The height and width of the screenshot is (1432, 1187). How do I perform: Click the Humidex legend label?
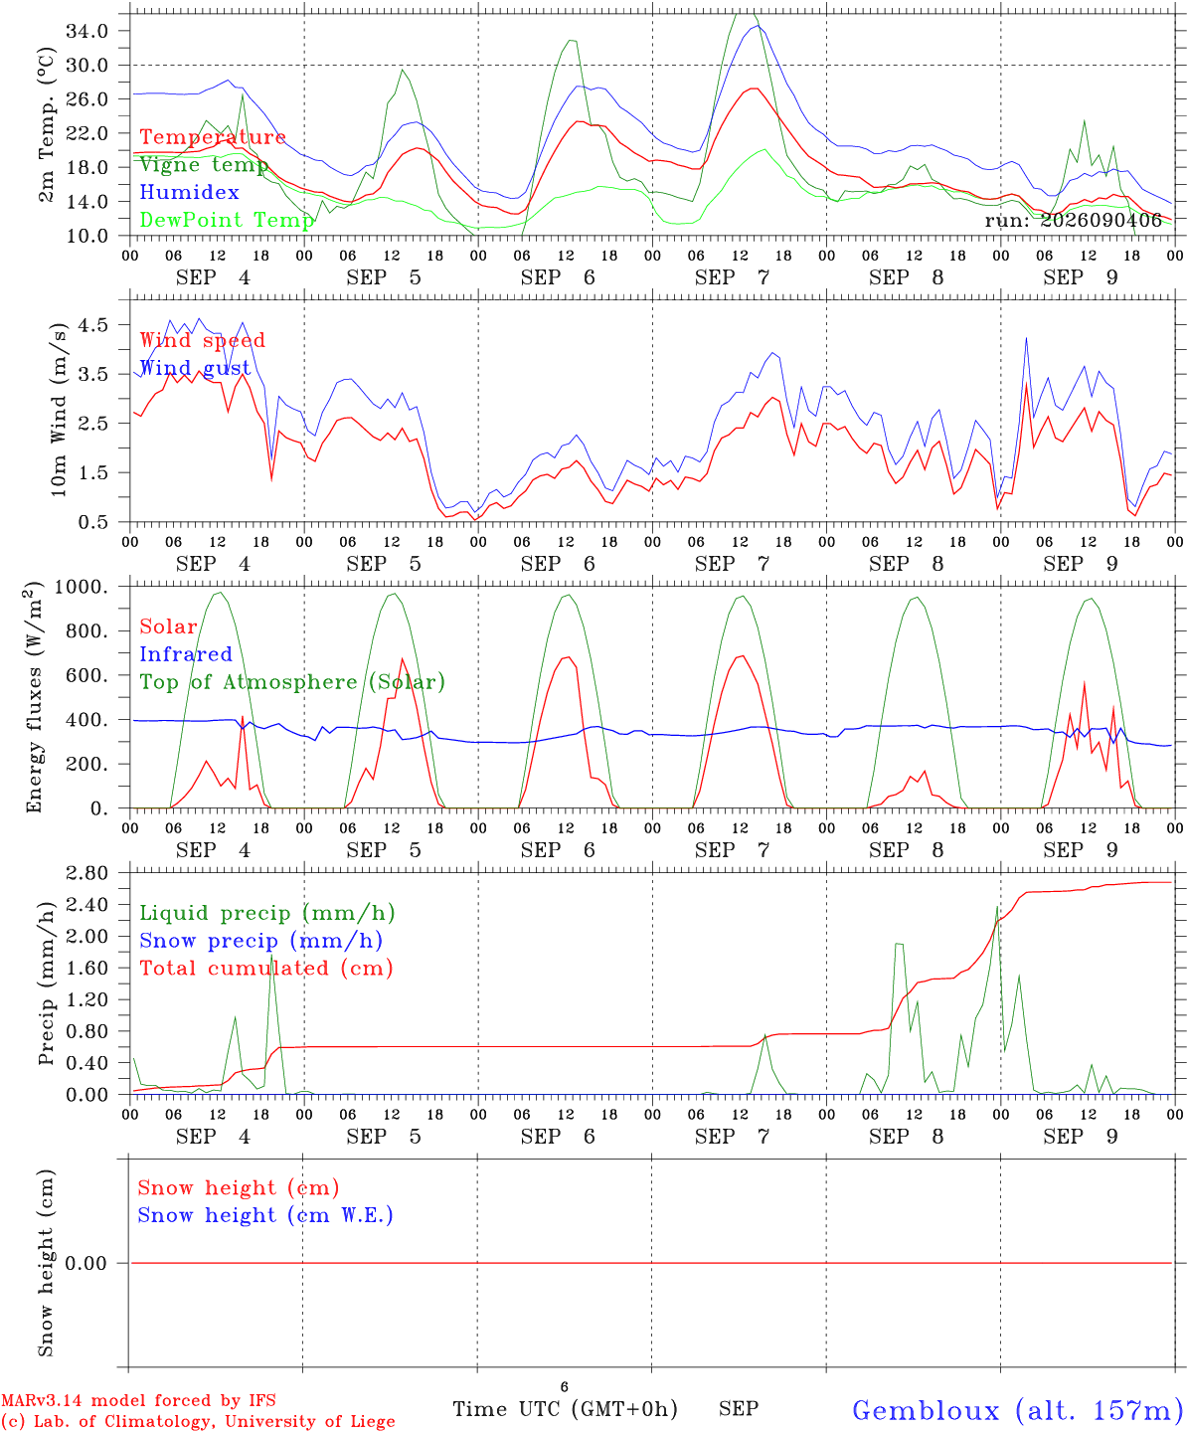pyautogui.click(x=189, y=192)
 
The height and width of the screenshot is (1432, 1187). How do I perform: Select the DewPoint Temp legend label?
pyautogui.click(x=227, y=220)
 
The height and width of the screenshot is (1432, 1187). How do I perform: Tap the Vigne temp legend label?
pyautogui.click(x=204, y=165)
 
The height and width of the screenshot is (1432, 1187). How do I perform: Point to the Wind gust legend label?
pyautogui.click(x=196, y=368)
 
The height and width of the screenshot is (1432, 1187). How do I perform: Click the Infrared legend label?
pyautogui.click(x=186, y=654)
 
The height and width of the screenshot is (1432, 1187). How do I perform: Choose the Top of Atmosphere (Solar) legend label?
pyautogui.click(x=293, y=682)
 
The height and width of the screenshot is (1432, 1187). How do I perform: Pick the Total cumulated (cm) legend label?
pyautogui.click(x=266, y=969)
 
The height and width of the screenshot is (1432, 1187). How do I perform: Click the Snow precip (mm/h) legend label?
pyautogui.click(x=260, y=941)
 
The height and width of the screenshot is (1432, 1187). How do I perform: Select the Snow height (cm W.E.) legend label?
pyautogui.click(x=265, y=1215)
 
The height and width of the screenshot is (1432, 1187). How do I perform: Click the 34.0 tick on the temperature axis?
pyautogui.click(x=87, y=31)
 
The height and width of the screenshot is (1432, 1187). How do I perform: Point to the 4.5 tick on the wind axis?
pyautogui.click(x=93, y=325)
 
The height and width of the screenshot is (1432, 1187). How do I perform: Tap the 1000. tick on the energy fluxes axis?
pyautogui.click(x=82, y=587)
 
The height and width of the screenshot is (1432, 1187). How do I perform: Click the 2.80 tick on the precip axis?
pyautogui.click(x=87, y=873)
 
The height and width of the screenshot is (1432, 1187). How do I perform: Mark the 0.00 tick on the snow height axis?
pyautogui.click(x=86, y=1263)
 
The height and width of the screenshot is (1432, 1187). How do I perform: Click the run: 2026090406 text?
pyautogui.click(x=1073, y=221)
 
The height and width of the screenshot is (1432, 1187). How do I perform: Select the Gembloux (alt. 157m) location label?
pyautogui.click(x=1018, y=1410)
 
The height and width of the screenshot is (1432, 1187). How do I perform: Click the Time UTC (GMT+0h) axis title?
pyautogui.click(x=565, y=1409)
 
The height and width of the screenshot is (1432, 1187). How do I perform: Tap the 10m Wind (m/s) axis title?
pyautogui.click(x=59, y=409)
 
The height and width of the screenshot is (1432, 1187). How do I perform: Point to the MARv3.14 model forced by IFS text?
pyautogui.click(x=138, y=1400)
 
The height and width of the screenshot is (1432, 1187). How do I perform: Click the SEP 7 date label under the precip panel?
pyautogui.click(x=733, y=1137)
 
